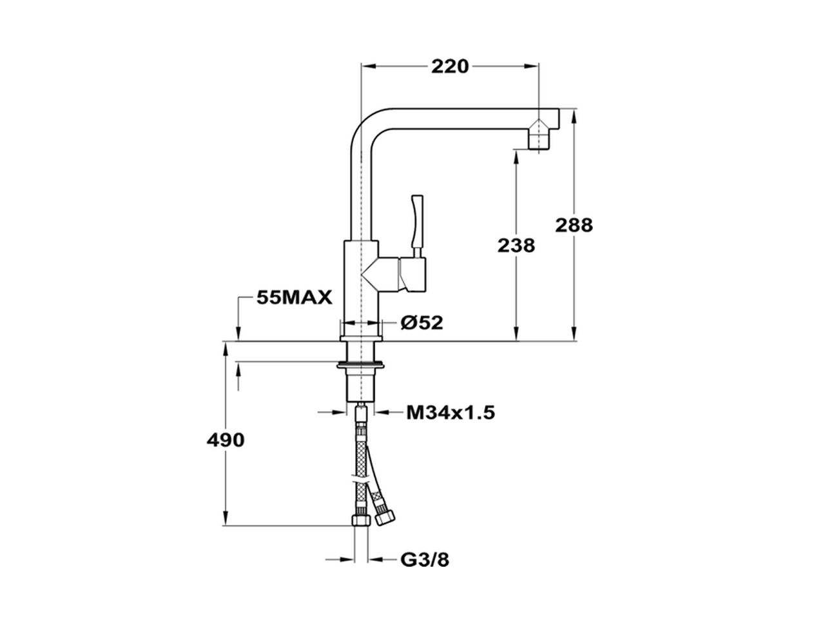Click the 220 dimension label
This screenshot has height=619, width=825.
(450, 66)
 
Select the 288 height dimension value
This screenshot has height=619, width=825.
(573, 225)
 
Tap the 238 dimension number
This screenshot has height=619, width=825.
(516, 245)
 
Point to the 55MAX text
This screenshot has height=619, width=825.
(294, 297)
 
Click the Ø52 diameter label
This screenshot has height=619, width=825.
(422, 322)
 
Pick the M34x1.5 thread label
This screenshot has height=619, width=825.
(450, 412)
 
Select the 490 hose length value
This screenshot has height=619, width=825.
(226, 440)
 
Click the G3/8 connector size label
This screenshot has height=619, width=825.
(425, 560)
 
